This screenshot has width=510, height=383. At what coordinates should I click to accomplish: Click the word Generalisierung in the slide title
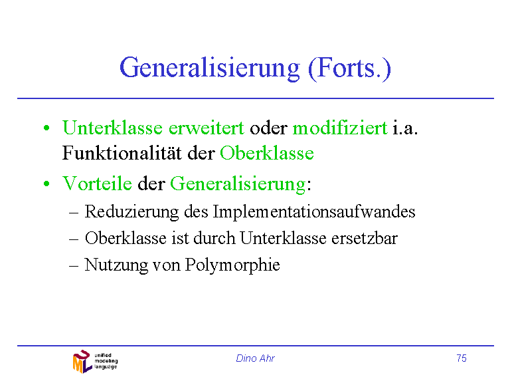coord(210,68)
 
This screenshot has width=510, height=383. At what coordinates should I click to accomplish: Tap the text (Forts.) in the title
coord(349,68)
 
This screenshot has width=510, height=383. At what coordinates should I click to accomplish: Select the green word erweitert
coord(207,128)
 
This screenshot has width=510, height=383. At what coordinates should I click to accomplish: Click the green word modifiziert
coord(340,128)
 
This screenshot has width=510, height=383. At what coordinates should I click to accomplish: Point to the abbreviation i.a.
coord(405,128)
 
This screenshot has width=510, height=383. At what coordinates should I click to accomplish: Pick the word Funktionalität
coord(122,153)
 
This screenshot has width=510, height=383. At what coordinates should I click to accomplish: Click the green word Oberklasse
coord(267,153)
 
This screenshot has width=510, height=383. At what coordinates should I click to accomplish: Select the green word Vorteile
coord(97,183)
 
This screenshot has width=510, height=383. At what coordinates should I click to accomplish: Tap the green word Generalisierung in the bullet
coord(238,184)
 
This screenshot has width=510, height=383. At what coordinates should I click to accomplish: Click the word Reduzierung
coord(131,212)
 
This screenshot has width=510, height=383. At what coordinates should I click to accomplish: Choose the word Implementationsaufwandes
coord(314,212)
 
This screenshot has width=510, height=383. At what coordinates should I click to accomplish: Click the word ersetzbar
coord(365,238)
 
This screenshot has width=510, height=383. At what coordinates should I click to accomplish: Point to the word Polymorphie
coord(232,265)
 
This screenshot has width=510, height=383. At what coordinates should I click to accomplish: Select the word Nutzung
coord(116,265)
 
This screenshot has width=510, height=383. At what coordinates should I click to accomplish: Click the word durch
coord(214,238)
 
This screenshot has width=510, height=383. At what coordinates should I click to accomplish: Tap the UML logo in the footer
coord(95,362)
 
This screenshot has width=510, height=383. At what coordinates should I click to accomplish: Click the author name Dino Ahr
coord(255,358)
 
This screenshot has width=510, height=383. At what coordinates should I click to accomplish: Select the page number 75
coord(462,358)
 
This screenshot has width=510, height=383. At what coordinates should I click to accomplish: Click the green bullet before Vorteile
coord(46,184)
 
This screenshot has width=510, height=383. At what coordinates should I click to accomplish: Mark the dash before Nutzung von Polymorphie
coord(74,266)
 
